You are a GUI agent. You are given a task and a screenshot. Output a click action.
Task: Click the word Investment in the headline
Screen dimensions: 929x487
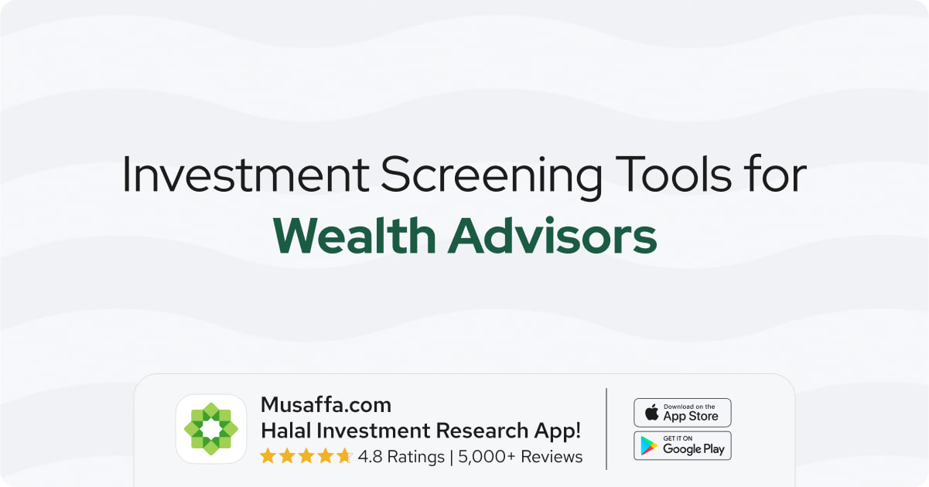tap(245, 174)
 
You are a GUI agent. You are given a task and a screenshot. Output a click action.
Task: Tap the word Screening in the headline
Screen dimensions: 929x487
tap(491, 177)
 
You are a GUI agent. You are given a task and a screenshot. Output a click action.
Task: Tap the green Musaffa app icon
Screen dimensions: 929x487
tap(211, 429)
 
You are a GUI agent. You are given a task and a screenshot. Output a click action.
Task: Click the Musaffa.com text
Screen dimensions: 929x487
tap(326, 405)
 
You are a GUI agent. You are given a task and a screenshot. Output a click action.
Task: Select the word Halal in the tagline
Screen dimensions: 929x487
tap(285, 431)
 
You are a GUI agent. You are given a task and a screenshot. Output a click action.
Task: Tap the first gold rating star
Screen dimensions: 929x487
tap(268, 456)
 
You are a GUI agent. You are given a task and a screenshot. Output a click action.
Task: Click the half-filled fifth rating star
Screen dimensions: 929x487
tap(344, 456)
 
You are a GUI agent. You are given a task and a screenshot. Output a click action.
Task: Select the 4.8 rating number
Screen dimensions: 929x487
tap(370, 457)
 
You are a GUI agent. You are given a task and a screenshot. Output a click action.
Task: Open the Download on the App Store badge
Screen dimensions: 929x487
tap(682, 413)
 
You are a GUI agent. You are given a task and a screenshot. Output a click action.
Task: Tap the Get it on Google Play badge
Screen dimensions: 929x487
tap(682, 446)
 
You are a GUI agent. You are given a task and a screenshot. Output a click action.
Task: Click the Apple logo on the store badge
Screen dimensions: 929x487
tap(652, 412)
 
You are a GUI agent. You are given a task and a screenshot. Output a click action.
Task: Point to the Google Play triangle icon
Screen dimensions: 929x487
tap(649, 446)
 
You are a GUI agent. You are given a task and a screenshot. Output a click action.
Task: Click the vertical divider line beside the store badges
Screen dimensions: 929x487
tap(606, 429)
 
